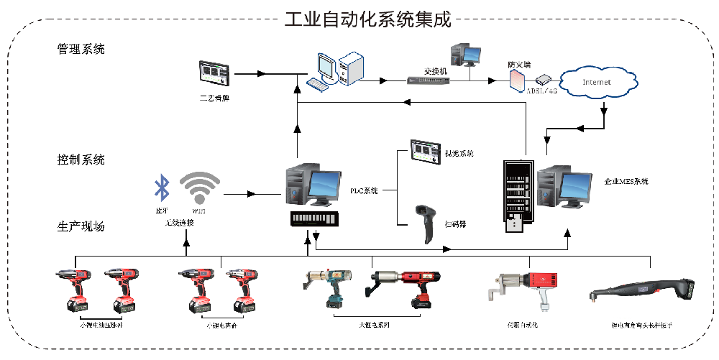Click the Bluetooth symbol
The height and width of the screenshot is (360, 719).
(162, 189)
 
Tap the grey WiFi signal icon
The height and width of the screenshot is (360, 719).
(199, 189)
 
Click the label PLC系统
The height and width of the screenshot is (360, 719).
(364, 191)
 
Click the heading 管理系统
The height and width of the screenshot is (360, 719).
(81, 50)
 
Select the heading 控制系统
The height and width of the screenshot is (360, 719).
(81, 160)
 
